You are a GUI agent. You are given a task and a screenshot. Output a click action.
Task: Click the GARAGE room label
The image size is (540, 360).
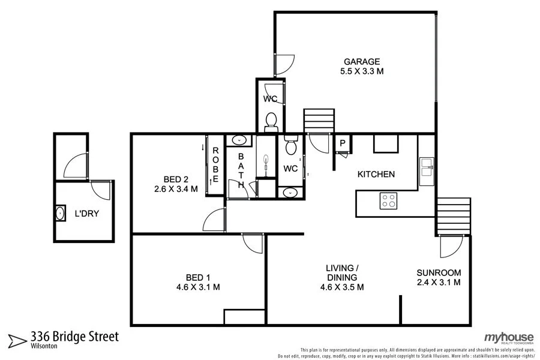(x=362, y=61)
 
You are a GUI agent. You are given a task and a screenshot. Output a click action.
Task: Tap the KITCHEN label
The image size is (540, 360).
(x=376, y=175)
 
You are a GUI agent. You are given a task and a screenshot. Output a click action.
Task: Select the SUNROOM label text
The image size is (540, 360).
(x=439, y=272)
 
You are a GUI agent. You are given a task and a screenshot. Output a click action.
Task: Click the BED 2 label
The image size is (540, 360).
(x=176, y=179)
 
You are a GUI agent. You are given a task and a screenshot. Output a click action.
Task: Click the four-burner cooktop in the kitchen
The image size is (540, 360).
(x=388, y=200)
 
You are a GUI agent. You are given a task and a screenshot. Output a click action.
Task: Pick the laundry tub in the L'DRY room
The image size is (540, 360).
(x=61, y=213)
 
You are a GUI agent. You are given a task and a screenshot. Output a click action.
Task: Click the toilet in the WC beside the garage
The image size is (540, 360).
(x=271, y=121)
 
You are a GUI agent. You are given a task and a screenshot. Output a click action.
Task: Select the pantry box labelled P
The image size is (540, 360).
(x=342, y=143)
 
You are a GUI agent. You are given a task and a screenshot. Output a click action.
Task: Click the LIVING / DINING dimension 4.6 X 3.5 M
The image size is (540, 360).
(x=342, y=287)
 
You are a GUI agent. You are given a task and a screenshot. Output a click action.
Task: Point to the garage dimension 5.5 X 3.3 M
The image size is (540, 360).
(x=362, y=71)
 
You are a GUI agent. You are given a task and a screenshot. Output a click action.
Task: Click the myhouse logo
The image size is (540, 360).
(x=509, y=337)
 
